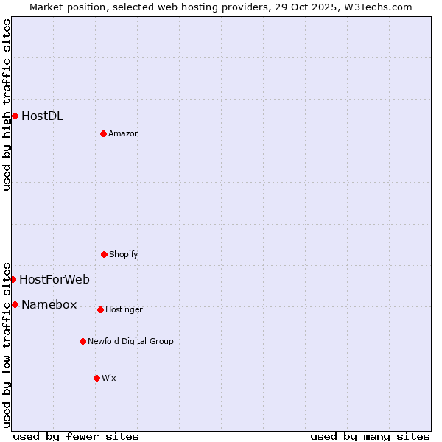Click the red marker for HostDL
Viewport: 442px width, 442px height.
15,116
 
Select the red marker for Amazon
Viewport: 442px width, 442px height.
103,133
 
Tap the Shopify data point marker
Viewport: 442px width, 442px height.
104,254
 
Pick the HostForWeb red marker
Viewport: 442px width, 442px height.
13,279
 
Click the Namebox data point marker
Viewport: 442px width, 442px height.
15,304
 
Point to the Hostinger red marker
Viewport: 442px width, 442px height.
100,309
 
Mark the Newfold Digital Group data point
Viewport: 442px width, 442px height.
83,341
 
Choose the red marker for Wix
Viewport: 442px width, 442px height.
97,378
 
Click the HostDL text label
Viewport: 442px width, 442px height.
42,116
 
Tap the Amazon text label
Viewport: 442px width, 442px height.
124,133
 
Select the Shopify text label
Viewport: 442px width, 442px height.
124,254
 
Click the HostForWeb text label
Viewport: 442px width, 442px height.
55,279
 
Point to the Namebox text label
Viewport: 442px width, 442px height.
49,304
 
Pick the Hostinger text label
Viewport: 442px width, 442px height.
124,309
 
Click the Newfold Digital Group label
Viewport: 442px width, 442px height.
130,341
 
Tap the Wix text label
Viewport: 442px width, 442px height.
109,378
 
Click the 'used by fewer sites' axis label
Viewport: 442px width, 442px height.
76,436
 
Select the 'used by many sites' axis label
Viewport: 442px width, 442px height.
370,436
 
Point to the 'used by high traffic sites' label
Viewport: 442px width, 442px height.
7,105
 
